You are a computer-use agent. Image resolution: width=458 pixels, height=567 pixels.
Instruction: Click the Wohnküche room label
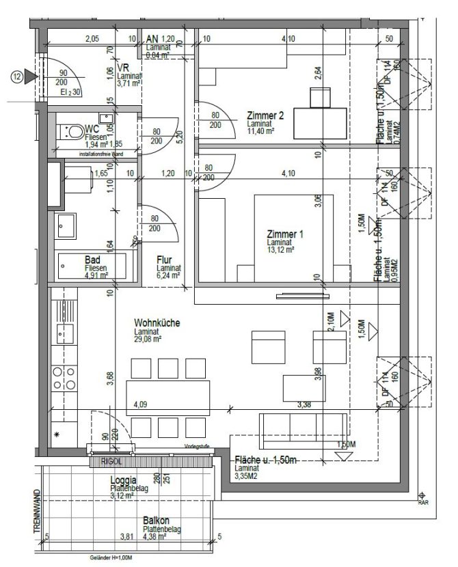tap(157, 323)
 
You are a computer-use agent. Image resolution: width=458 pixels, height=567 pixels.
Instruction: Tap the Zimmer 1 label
tap(285, 234)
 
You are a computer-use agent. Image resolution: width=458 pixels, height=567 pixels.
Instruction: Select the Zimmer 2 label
tap(266, 115)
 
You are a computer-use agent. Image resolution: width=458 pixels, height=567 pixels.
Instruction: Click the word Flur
tap(163, 260)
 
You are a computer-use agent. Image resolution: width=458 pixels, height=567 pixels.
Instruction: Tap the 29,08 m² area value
tap(148, 339)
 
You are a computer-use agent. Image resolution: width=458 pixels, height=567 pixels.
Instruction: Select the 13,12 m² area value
tap(280, 251)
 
